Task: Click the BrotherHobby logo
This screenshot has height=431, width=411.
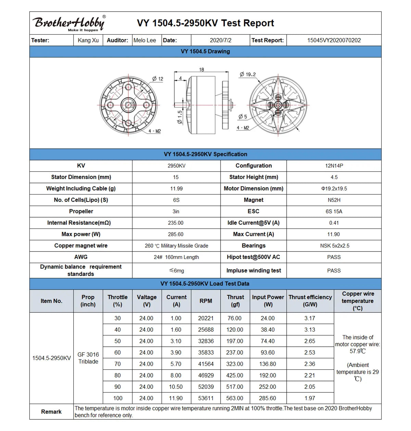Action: (69, 23)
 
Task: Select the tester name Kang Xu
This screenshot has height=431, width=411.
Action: (88, 40)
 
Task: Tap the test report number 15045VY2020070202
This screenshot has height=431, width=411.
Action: (334, 40)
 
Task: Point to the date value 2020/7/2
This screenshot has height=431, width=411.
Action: (221, 40)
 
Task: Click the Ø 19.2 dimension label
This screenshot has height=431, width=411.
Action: (248, 74)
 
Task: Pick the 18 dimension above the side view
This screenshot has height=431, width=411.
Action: (201, 70)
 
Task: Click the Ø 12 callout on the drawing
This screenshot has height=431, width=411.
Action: (158, 79)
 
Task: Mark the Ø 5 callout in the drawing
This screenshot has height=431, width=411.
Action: (242, 116)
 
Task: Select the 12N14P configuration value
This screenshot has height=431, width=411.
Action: (334, 166)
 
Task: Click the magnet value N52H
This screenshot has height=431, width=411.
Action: (334, 200)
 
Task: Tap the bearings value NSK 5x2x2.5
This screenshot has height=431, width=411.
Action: (334, 246)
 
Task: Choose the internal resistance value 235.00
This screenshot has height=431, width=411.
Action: (176, 223)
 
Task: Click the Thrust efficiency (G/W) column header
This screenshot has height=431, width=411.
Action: (310, 301)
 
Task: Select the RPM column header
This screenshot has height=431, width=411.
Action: (206, 301)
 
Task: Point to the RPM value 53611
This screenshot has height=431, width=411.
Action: (206, 398)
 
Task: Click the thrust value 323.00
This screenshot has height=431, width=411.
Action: (235, 364)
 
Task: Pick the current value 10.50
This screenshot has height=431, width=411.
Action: (176, 387)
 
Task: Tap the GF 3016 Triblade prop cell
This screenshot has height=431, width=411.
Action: (88, 358)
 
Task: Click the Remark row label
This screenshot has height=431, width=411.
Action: (51, 412)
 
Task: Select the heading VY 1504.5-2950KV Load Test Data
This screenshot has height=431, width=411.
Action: (205, 284)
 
